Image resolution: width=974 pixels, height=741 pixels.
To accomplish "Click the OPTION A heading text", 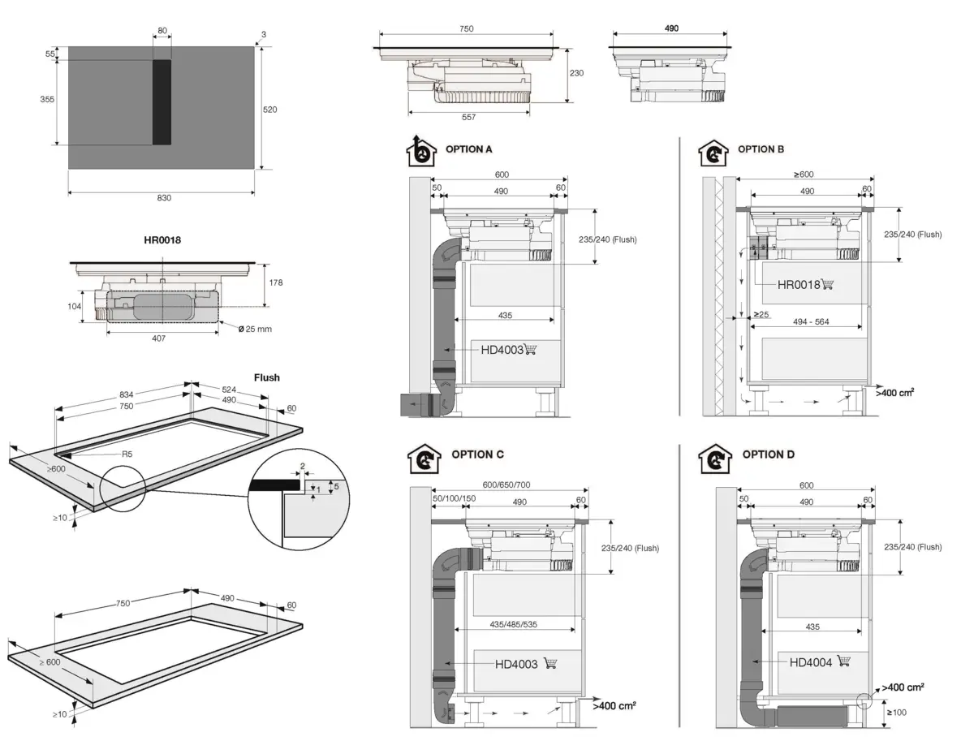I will [468, 150].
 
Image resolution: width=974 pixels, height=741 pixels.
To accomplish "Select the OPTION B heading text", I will [761, 150].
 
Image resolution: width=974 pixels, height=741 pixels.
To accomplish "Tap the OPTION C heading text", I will [477, 455].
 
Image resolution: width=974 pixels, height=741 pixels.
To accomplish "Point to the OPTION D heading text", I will [768, 455].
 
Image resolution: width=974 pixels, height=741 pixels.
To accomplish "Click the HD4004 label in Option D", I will [811, 662].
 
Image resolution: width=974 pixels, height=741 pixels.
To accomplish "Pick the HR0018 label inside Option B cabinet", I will [799, 285].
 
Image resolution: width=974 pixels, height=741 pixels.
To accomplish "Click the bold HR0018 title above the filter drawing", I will [162, 241].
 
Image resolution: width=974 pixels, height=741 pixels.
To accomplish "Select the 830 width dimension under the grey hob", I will [164, 198].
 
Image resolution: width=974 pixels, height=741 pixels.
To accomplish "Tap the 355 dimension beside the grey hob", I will [48, 99].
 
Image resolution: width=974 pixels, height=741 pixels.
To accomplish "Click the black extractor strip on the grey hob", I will [162, 102].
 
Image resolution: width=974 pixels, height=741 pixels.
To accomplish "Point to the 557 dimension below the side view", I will [468, 118].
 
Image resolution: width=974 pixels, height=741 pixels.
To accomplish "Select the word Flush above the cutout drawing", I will [266, 377].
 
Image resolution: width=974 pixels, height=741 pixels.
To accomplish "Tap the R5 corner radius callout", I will [126, 455].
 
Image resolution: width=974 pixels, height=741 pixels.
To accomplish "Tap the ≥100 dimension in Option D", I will [897, 713].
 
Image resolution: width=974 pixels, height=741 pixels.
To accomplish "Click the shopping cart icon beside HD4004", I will [843, 661].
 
